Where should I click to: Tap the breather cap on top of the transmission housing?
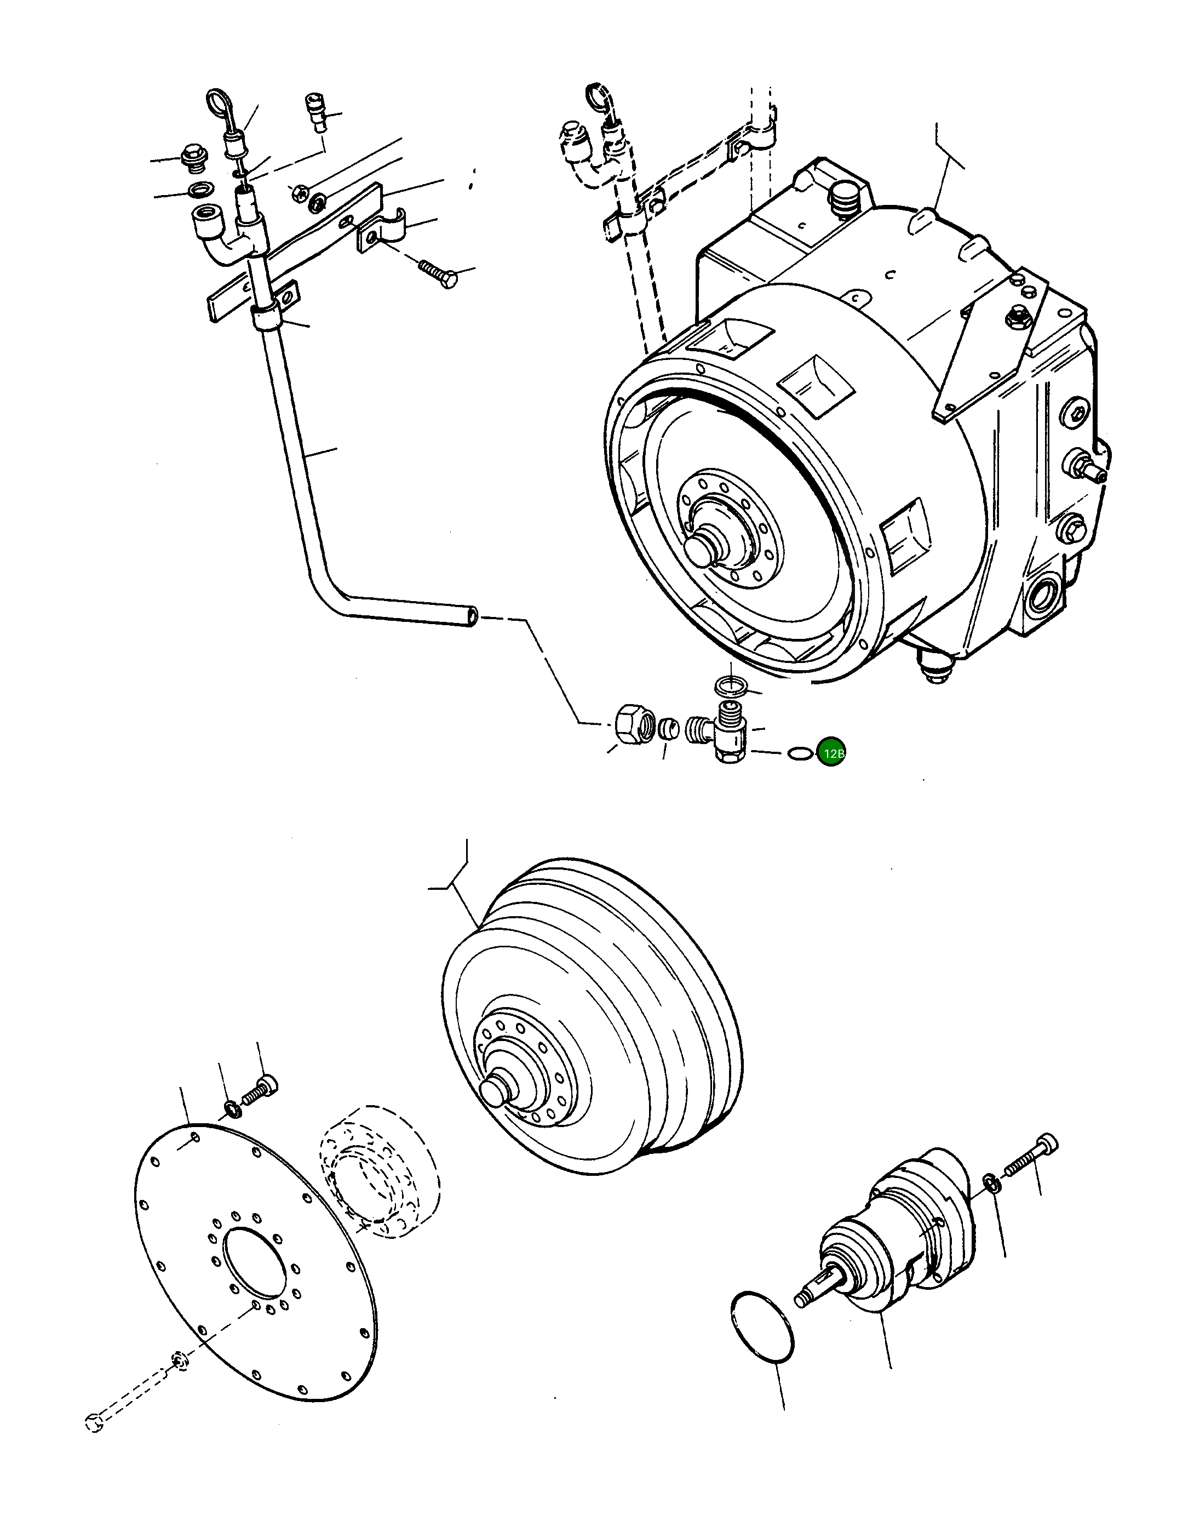click(846, 201)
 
